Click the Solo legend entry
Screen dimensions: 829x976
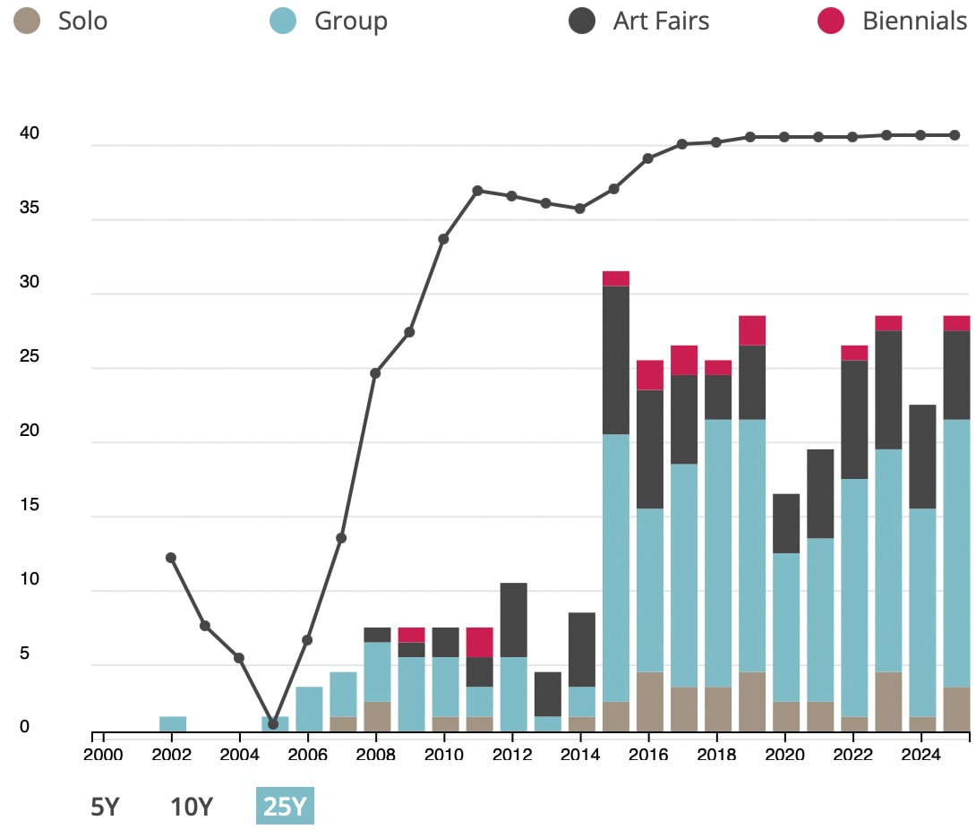click(63, 21)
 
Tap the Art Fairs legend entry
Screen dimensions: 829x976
click(639, 21)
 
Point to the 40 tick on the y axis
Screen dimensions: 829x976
click(30, 133)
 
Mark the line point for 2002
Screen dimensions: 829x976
click(171, 558)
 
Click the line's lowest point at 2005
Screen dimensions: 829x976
click(273, 723)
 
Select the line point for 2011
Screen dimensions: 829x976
click(477, 191)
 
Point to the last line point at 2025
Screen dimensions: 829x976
click(955, 135)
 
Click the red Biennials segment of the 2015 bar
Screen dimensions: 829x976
click(615, 278)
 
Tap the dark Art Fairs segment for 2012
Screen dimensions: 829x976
click(512, 620)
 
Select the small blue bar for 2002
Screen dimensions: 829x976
click(173, 723)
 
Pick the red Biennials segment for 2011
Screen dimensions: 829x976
click(479, 642)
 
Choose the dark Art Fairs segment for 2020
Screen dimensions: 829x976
click(785, 523)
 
